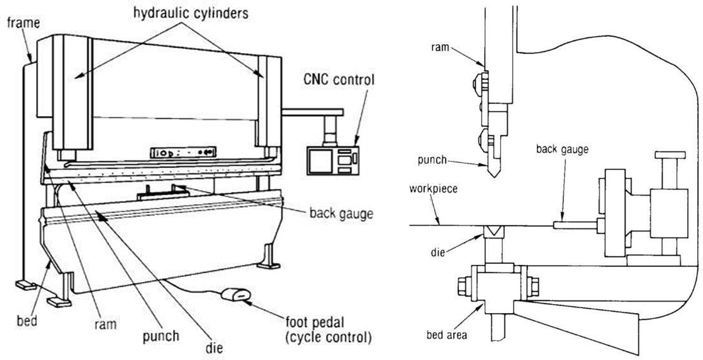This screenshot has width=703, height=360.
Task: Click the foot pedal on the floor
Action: point(236,295)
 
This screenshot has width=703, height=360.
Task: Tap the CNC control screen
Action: point(320,160)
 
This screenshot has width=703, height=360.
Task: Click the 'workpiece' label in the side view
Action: point(434,188)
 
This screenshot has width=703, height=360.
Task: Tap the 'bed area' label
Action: point(446,335)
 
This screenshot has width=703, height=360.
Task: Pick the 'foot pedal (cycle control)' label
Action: point(328,330)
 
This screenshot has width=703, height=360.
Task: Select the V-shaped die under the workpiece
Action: point(494,232)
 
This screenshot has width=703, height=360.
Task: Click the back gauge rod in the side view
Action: point(575,225)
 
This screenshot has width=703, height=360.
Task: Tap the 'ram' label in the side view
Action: point(439,47)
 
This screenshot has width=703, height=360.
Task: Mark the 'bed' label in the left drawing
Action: point(27,321)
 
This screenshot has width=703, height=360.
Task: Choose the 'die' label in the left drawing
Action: point(214,347)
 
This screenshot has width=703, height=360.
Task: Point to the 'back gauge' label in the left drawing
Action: point(342,214)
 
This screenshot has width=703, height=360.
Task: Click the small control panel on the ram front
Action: point(183,152)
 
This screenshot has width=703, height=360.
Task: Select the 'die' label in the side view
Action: point(438,252)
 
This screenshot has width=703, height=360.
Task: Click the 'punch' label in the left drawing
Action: point(161,337)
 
